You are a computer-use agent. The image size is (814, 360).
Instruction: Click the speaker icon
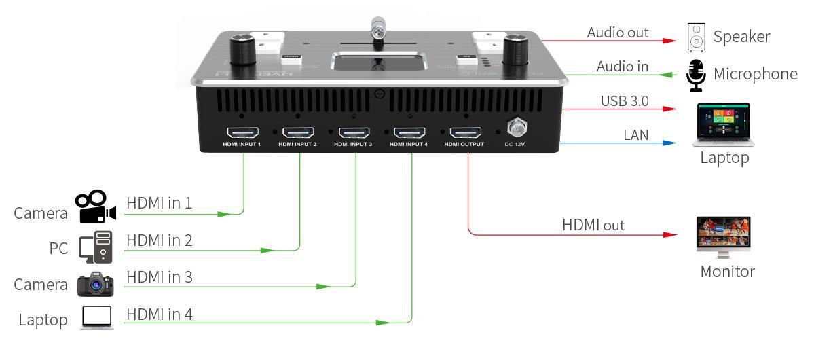coord(696,38)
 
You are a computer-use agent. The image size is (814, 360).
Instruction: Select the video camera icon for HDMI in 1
coord(94,207)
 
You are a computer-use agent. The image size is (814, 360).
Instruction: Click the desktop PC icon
coord(95,247)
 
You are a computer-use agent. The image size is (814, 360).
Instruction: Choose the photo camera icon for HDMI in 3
coord(95,284)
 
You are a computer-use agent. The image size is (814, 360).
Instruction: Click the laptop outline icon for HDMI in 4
coord(96,318)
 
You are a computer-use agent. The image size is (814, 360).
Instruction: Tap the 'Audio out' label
coord(618,32)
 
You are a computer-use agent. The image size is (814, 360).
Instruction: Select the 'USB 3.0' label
coord(625,101)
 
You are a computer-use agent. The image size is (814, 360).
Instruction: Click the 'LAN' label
coord(636,135)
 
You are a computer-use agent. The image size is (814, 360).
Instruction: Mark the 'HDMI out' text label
coord(593,225)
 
